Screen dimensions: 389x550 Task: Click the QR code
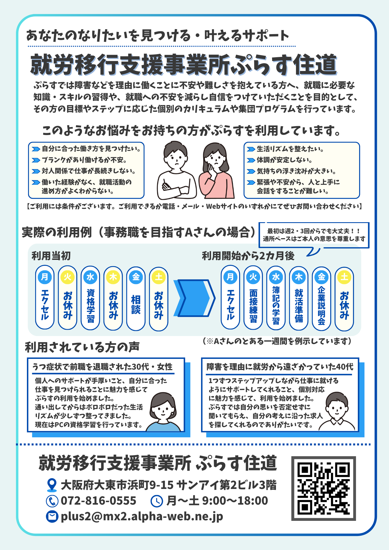(x=324, y=489)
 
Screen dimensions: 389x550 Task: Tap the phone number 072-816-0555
(x=98, y=501)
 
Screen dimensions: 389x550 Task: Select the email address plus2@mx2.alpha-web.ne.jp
(x=142, y=516)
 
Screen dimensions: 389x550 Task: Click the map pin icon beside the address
(x=52, y=485)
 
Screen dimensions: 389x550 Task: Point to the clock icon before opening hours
(x=157, y=501)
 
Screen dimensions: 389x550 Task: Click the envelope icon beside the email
(x=52, y=516)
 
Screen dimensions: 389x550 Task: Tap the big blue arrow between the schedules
(x=194, y=298)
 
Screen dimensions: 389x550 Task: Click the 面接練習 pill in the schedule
(x=253, y=298)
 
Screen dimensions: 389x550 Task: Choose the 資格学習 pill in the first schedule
(x=90, y=298)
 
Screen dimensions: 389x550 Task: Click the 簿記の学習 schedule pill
(x=276, y=298)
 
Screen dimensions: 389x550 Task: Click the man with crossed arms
(x=176, y=170)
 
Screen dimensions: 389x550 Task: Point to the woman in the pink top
(x=217, y=170)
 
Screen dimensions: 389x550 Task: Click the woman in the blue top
(x=163, y=413)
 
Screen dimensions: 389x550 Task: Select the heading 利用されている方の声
(x=82, y=347)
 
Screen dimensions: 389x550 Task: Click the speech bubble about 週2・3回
(x=314, y=235)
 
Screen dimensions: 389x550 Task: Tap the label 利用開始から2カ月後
(x=248, y=256)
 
